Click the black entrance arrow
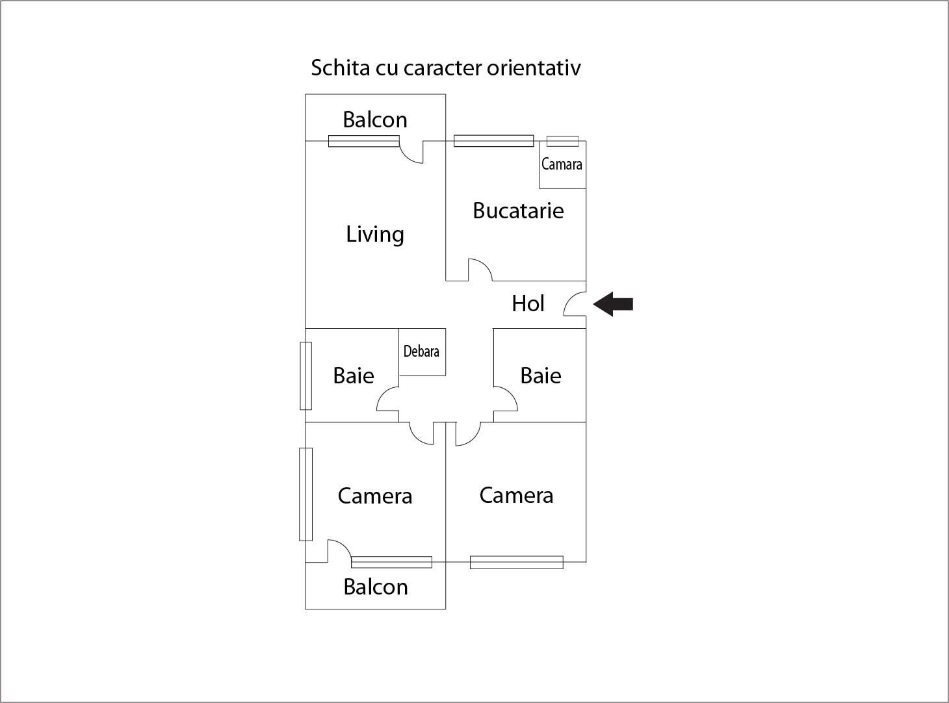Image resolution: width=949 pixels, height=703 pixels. pos(613,304)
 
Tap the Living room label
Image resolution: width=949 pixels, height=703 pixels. pos(375,234)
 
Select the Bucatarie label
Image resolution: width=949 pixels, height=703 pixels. pos(518,211)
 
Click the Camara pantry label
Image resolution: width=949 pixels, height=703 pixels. pos(562,164)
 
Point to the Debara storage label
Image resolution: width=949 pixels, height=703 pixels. pos(421,351)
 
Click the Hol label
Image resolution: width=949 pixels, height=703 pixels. pos(528,303)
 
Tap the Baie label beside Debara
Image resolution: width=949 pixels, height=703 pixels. pos(354,376)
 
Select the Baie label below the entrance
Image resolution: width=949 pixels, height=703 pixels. pos(540,376)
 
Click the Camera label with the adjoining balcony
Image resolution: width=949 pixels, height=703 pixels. pos(375,496)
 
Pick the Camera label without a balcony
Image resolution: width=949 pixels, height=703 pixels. pos(516,495)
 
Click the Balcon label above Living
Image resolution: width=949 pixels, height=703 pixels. pos(375,120)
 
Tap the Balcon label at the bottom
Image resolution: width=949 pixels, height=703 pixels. pos(376,587)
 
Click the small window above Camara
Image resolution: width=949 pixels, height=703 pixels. pos(562,141)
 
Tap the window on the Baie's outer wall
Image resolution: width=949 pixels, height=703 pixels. pos(305,376)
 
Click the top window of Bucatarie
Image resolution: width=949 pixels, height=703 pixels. pos(493,140)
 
